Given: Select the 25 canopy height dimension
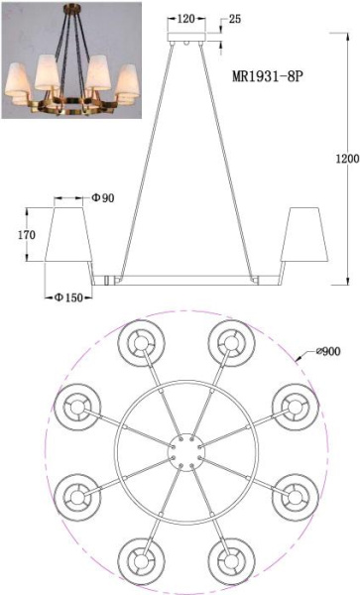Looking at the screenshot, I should click(x=234, y=20).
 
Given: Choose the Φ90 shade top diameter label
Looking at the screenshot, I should click(x=103, y=198).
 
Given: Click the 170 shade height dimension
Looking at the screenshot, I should click(x=27, y=236).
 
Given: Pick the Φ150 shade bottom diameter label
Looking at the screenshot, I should click(x=68, y=297).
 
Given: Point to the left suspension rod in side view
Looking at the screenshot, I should click(x=145, y=159).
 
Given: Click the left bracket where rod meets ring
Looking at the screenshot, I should click(x=112, y=282).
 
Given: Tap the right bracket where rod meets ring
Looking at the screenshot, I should click(x=259, y=282).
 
